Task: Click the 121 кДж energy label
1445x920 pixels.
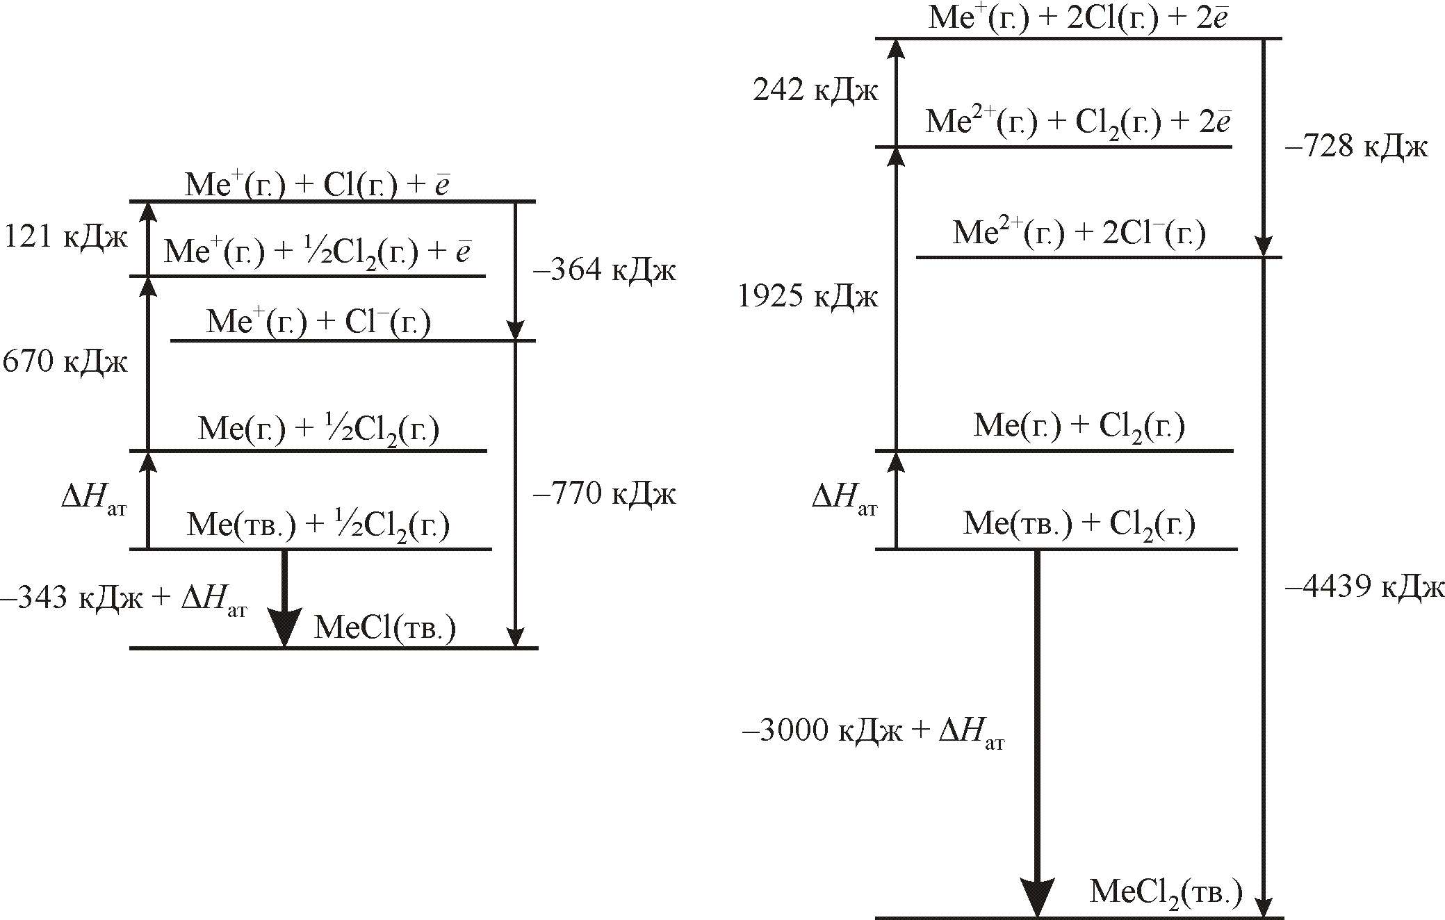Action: click(x=66, y=238)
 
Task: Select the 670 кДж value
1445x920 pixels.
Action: click(x=65, y=362)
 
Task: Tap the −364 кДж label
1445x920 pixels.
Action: click(x=604, y=270)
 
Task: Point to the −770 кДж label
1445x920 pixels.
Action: click(x=604, y=494)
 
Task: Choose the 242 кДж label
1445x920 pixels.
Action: click(x=815, y=91)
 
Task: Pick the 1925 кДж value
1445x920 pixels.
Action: click(x=808, y=297)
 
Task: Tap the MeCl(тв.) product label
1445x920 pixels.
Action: click(x=385, y=628)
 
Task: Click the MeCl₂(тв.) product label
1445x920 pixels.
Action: click(x=1166, y=892)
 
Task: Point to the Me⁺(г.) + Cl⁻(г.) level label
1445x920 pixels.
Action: click(x=318, y=322)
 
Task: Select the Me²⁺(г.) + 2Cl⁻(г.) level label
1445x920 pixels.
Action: click(x=1079, y=233)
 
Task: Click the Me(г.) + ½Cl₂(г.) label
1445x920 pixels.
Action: click(x=318, y=429)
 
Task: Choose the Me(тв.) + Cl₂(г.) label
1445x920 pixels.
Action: click(x=1079, y=524)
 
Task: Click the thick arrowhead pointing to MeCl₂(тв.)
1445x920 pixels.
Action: click(x=1037, y=896)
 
